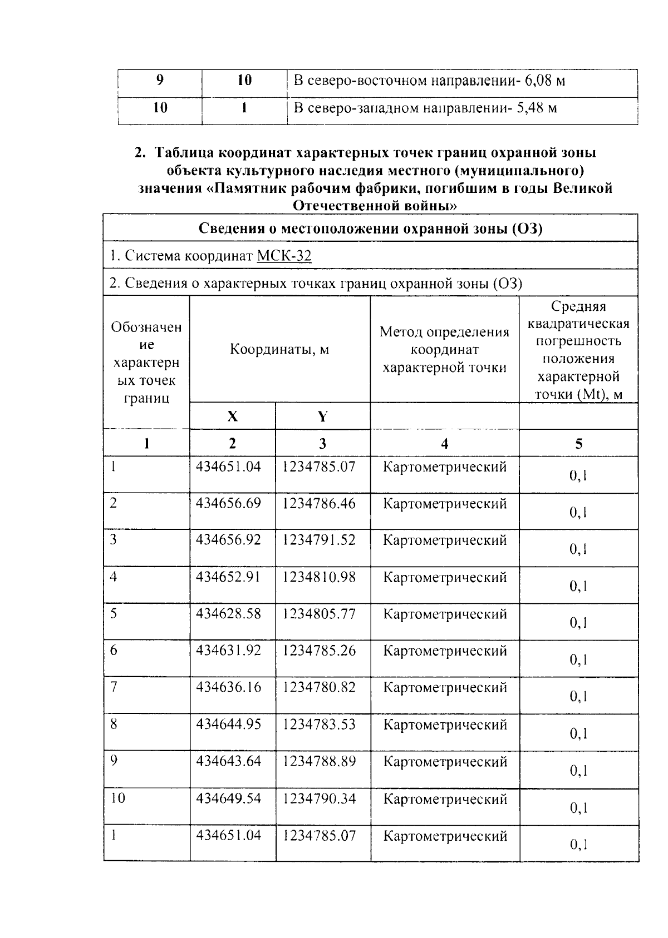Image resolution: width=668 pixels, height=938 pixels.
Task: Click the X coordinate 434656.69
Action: point(228,504)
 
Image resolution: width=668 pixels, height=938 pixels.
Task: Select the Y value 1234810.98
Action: point(319,578)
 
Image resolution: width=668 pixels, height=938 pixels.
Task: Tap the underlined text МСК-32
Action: point(284,256)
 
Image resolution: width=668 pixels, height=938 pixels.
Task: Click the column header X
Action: point(232,416)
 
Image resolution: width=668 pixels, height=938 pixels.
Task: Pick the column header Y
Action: point(322,416)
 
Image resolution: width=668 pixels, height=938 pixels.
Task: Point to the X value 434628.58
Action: point(228,614)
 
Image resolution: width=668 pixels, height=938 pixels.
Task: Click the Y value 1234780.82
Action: point(319,688)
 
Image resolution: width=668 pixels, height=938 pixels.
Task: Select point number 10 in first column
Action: point(117,798)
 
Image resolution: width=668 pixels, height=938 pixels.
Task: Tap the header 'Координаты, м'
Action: point(279,350)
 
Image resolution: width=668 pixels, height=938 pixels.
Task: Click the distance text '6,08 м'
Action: point(545,81)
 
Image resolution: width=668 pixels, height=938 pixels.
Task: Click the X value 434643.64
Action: point(228,761)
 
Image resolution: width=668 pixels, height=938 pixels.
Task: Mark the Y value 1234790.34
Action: point(319,799)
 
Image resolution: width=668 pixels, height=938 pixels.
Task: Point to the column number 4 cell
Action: point(444,444)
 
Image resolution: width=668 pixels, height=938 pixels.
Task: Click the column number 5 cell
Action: point(579,444)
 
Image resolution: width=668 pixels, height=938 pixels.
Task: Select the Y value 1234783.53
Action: point(319,724)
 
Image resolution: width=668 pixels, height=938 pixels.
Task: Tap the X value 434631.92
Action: point(228,651)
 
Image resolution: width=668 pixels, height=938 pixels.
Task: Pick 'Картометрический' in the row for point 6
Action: point(445,651)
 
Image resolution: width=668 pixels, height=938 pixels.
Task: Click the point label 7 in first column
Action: point(114,687)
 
